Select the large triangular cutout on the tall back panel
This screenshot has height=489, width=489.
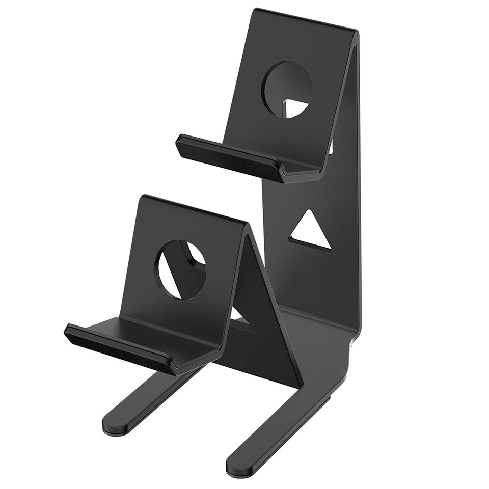[311, 232]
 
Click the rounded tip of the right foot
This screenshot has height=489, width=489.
[237, 466]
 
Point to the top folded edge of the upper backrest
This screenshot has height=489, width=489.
[306, 20]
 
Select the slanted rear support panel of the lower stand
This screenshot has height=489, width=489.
[270, 326]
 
